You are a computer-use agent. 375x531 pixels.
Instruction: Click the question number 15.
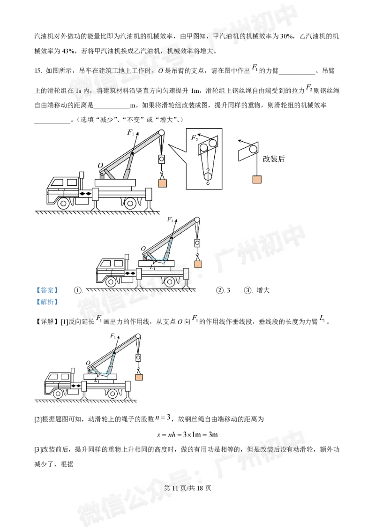pyautogui.click(x=38, y=71)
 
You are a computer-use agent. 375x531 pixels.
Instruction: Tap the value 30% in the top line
pyautogui.click(x=287, y=36)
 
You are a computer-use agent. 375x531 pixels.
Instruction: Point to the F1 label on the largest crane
pyautogui.click(x=131, y=132)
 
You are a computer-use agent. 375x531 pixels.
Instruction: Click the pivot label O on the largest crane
pyautogui.click(x=100, y=166)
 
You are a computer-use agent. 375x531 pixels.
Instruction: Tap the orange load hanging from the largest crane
pyautogui.click(x=163, y=183)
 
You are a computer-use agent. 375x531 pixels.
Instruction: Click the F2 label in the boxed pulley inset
pyautogui.click(x=194, y=138)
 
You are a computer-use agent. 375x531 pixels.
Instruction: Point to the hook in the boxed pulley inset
pyautogui.click(x=208, y=182)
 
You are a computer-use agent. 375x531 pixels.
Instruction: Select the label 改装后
pyautogui.click(x=274, y=159)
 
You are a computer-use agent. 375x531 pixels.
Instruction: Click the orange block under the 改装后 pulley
pyautogui.click(x=257, y=179)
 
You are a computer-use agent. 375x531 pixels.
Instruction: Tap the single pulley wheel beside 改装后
pyautogui.click(x=253, y=149)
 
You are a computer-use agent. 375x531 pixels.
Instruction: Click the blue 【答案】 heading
pyautogui.click(x=47, y=290)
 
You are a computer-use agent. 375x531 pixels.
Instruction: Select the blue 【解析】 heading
pyautogui.click(x=47, y=302)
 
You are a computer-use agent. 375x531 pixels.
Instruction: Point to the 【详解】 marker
pyautogui.click(x=47, y=321)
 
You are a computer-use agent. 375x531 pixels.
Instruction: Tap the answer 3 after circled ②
pyautogui.click(x=228, y=290)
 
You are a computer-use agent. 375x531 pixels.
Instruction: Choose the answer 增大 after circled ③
pyautogui.click(x=263, y=290)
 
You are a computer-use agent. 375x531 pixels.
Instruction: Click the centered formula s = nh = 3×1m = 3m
pyautogui.click(x=187, y=434)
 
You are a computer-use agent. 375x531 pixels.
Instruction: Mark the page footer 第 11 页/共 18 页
pyautogui.click(x=187, y=488)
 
